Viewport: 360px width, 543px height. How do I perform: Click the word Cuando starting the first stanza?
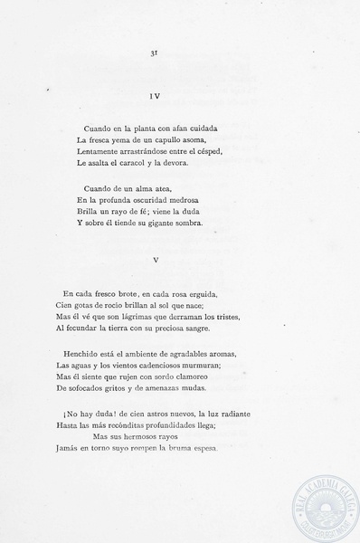tap(98, 128)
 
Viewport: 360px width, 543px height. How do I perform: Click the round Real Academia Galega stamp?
tap(318, 502)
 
